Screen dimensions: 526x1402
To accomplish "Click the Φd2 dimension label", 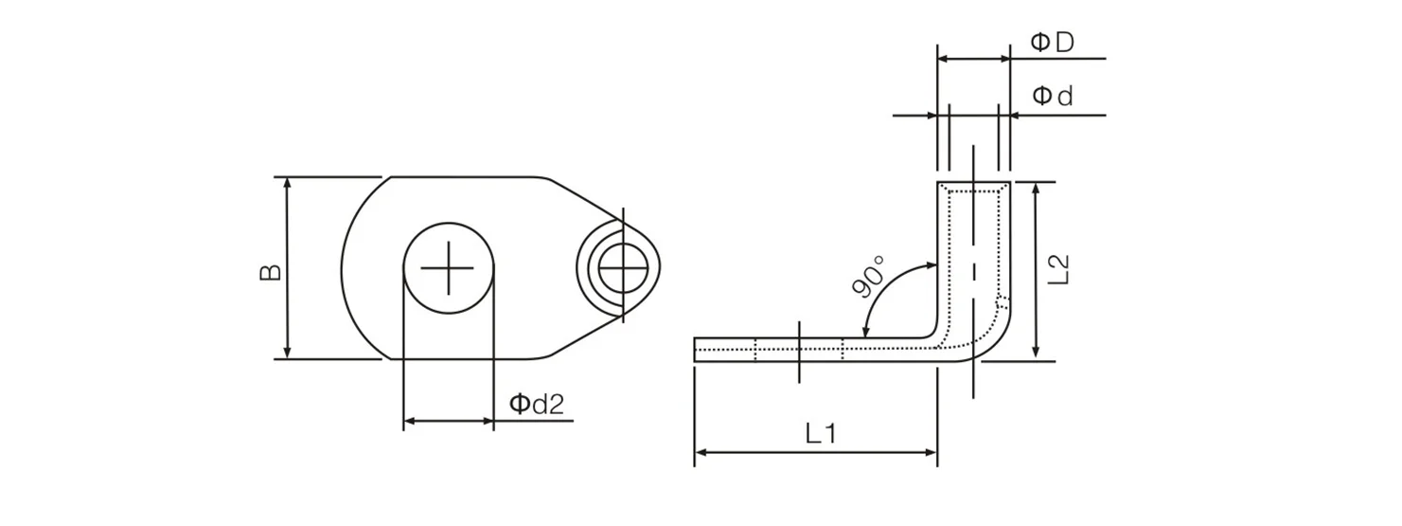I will tap(537, 405).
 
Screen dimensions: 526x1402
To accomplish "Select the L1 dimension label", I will tap(821, 434).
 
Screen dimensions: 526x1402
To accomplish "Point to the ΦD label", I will tap(1052, 42).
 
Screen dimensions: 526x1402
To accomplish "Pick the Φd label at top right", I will tap(1052, 97).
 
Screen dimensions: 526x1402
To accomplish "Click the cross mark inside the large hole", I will tap(448, 268).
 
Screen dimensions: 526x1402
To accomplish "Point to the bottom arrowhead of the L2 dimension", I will tap(1038, 354).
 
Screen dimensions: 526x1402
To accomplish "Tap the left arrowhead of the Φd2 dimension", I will tap(410, 420).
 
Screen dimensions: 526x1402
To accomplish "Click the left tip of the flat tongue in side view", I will tap(696, 350).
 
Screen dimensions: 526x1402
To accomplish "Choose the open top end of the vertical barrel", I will tap(973, 183).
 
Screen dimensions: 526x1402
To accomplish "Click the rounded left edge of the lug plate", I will tap(342, 268).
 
